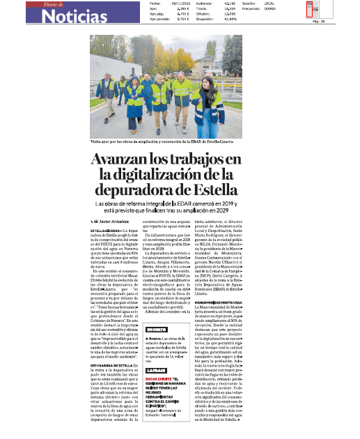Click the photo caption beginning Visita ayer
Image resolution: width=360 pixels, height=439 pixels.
(160, 141)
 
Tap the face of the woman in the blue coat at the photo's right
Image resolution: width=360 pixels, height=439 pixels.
(206, 77)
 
